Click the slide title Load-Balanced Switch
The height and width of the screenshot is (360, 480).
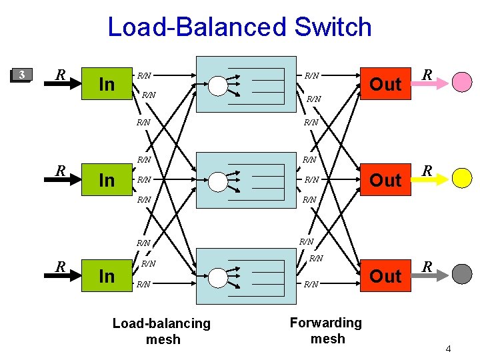point(239,27)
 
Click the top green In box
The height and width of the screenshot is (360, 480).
point(106,85)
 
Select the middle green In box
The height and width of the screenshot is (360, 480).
point(106,181)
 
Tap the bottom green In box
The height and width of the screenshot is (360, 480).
point(106,276)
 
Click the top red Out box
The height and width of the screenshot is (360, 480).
point(385,84)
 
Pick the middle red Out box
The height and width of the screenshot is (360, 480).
point(385,180)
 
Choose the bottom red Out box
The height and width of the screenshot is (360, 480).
point(385,276)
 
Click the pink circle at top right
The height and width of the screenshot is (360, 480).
point(462,81)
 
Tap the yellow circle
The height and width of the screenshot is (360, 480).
point(462,177)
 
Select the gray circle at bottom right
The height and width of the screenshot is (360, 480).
point(462,273)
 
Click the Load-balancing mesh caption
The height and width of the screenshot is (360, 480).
point(161,331)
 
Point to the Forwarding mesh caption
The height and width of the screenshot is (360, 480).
point(327,331)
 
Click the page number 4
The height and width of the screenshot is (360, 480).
point(449,349)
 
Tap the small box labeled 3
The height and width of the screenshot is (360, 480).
point(23,74)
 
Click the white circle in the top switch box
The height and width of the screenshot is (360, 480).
point(217,85)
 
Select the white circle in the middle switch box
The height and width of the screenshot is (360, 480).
point(217,181)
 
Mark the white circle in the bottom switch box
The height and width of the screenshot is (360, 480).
point(217,276)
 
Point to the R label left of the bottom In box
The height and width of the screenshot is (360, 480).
point(60,267)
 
